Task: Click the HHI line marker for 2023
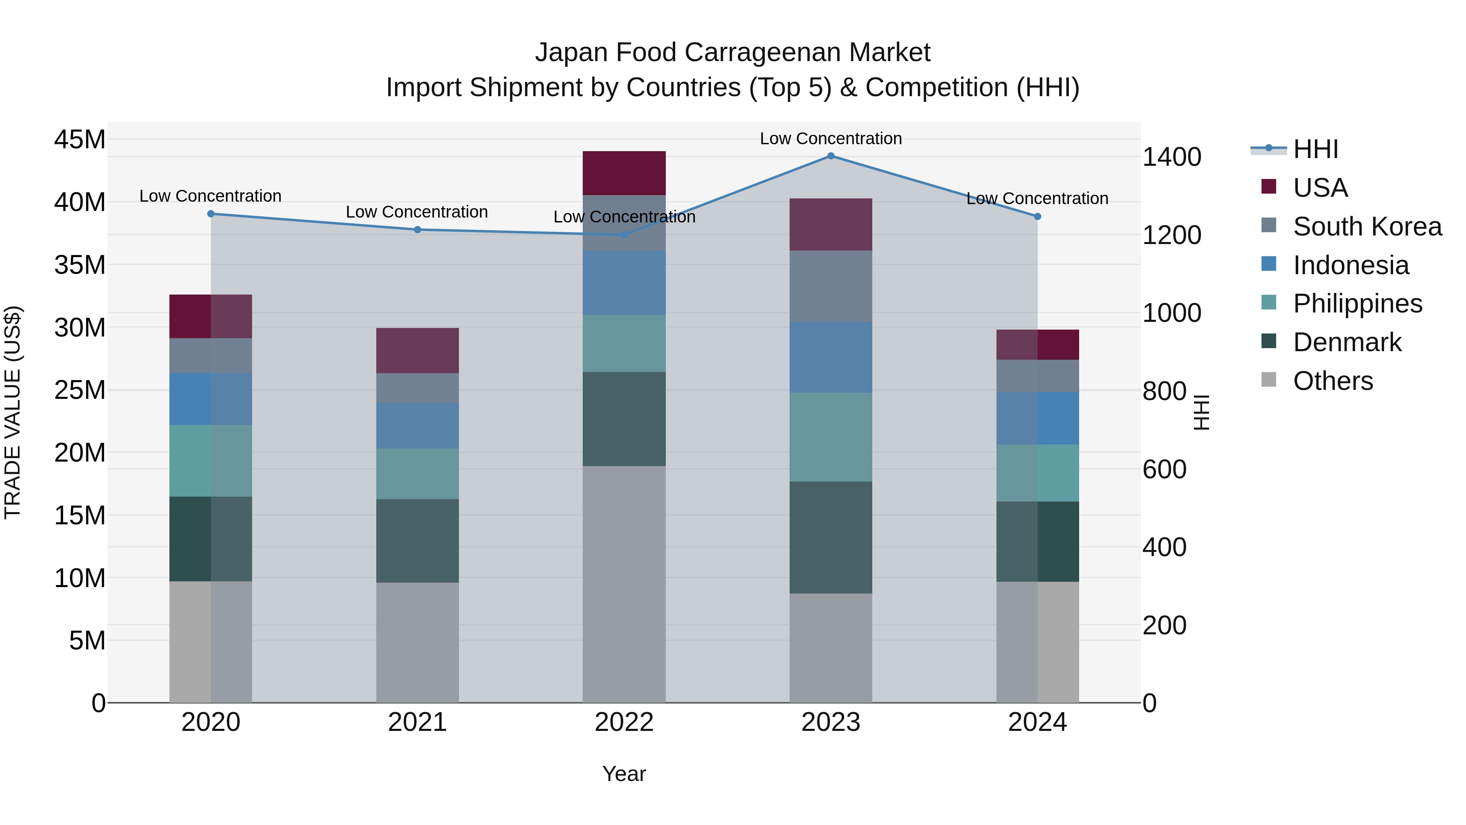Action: pyautogui.click(x=830, y=156)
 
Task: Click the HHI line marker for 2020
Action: pyautogui.click(x=211, y=214)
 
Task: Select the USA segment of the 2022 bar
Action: pyautogui.click(x=624, y=173)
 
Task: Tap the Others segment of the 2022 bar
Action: pyautogui.click(x=624, y=583)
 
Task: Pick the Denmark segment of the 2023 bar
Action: pyautogui.click(x=830, y=537)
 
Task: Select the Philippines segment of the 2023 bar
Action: pyautogui.click(x=830, y=437)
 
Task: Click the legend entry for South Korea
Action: pyautogui.click(x=1367, y=227)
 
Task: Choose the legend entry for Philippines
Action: pyautogui.click(x=1357, y=304)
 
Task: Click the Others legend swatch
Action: pyautogui.click(x=1268, y=380)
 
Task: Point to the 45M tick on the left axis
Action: pyautogui.click(x=80, y=139)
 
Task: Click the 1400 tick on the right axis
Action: pyautogui.click(x=1172, y=157)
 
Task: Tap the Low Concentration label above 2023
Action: pyautogui.click(x=830, y=139)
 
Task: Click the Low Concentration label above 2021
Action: pyautogui.click(x=417, y=212)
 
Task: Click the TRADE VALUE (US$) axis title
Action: pyautogui.click(x=13, y=412)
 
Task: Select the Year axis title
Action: pyautogui.click(x=624, y=774)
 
